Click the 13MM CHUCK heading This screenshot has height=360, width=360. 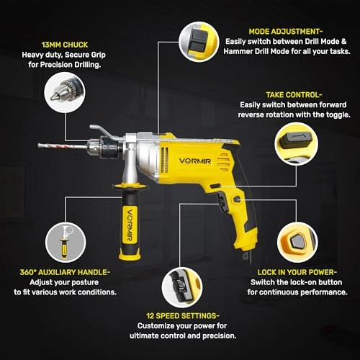tap(65, 45)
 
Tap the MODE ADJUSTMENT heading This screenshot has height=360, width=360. tap(286, 32)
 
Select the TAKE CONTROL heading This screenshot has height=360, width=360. tap(294, 95)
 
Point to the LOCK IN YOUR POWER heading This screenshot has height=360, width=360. tap(297, 272)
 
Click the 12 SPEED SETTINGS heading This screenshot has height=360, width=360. tap(183, 315)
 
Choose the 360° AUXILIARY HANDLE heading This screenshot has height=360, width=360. tap(65, 272)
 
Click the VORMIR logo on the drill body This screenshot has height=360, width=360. tap(195, 161)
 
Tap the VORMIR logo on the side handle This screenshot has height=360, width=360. tap(130, 225)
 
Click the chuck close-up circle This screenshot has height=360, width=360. tap(65, 92)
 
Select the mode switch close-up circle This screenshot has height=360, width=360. tap(199, 42)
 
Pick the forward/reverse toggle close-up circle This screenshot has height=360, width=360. tap(296, 144)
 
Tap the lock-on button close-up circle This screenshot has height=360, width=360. tap(297, 242)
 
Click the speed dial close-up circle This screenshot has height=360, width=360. tap(182, 287)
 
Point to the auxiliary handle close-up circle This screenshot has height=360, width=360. tap(66, 243)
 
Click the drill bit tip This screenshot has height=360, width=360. tap(39, 145)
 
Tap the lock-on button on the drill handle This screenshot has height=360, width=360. tap(237, 199)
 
